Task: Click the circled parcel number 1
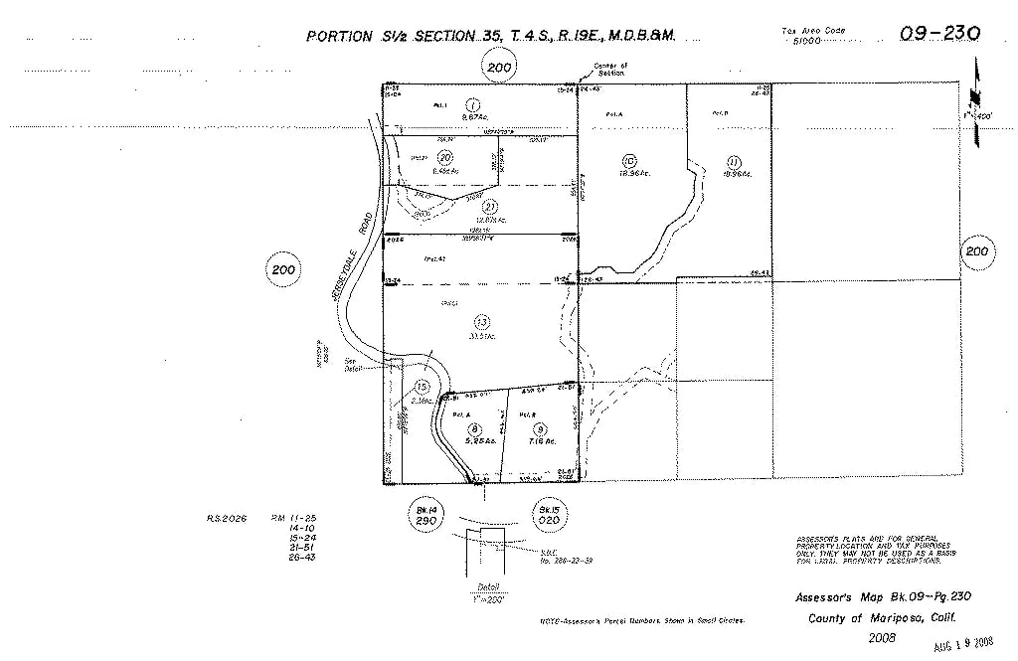473,104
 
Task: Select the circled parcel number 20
445,157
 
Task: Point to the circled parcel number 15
422,387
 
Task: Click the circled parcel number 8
474,427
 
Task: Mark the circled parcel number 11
734,161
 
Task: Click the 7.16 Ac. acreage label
543,440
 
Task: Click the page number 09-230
940,33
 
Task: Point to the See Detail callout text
349,365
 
